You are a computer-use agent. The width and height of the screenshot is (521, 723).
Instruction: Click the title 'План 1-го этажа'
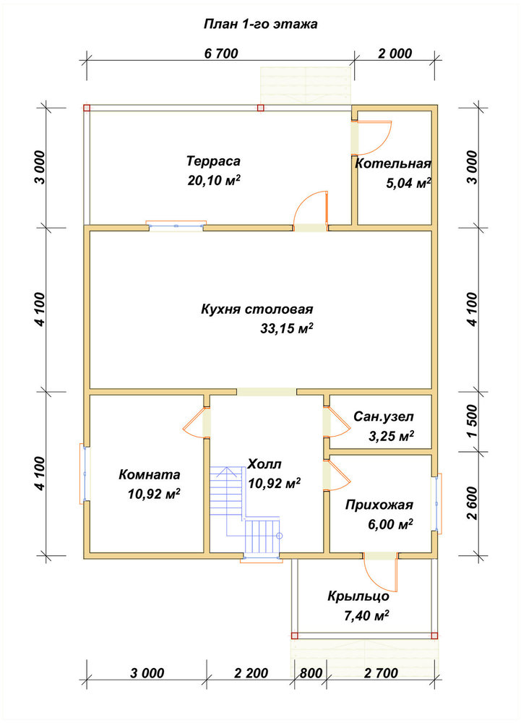[260, 24]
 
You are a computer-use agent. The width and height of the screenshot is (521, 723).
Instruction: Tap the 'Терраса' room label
[213, 161]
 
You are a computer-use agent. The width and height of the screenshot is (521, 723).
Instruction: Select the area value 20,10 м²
[214, 180]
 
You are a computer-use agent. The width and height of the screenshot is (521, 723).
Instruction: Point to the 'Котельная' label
[393, 163]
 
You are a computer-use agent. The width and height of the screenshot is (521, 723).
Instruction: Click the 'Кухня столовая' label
[257, 309]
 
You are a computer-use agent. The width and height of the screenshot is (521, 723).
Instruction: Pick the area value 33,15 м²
[287, 328]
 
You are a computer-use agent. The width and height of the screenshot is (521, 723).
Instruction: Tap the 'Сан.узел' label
[384, 417]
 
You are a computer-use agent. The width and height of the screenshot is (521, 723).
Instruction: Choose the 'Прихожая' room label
[379, 505]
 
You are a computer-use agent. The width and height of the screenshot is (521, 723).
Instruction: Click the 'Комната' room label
[150, 474]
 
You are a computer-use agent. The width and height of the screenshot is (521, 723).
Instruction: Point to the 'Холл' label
[264, 464]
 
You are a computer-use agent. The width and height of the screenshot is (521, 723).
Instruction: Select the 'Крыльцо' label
[358, 596]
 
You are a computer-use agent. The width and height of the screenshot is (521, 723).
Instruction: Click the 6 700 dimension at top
[221, 54]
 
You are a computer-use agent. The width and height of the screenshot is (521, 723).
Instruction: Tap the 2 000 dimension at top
[395, 54]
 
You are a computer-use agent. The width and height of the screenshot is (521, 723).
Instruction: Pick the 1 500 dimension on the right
[473, 422]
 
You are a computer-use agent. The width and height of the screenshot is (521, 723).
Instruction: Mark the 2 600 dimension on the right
[473, 503]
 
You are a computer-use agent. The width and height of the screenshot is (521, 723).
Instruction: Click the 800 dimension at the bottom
[311, 673]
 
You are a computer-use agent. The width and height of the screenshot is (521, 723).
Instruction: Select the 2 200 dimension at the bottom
[251, 673]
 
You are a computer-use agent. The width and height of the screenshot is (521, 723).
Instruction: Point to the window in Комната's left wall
[85, 473]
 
